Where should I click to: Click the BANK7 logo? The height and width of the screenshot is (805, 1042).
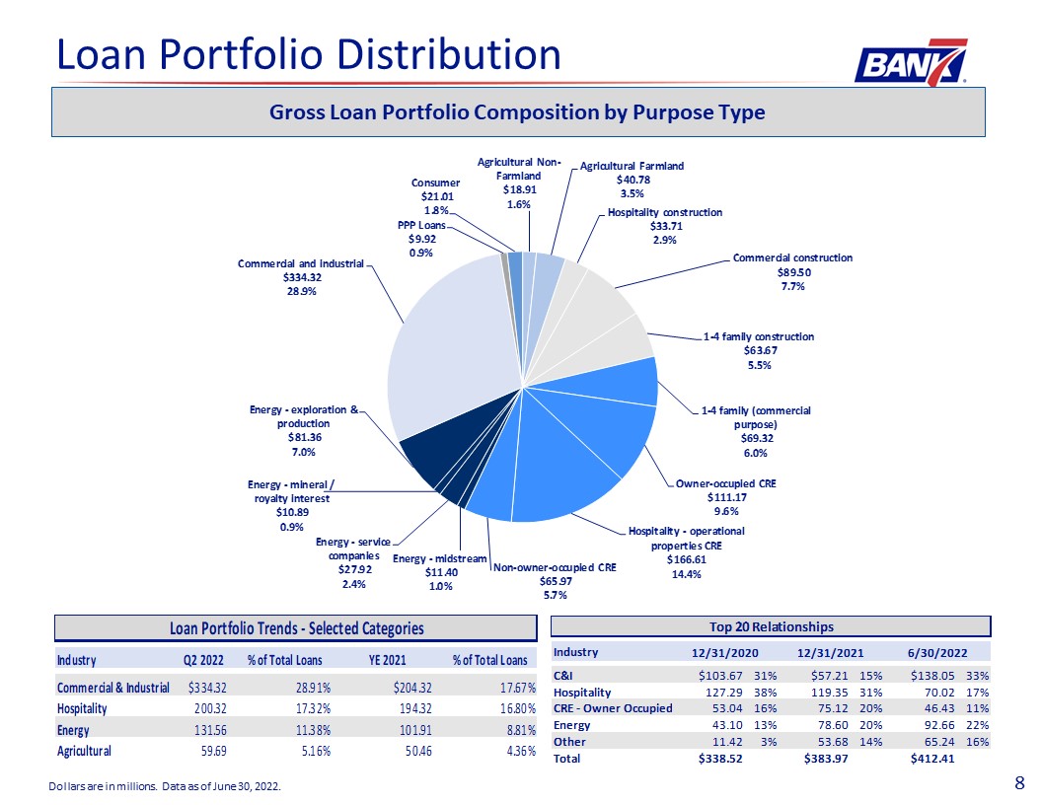coord(911,63)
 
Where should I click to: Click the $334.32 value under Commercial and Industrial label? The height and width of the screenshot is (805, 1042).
coord(300,277)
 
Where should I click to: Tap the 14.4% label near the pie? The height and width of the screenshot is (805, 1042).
coord(687,574)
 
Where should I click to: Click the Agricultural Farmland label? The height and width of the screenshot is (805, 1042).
coord(632,166)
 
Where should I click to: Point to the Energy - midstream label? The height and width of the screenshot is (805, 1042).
coord(439,558)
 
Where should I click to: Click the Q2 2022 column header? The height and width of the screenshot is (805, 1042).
coord(203,660)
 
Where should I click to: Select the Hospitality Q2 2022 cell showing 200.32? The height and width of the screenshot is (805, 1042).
coord(208,708)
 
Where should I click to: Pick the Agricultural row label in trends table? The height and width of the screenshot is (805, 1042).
coord(85,751)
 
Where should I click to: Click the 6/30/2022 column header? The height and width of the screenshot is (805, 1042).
coord(937,653)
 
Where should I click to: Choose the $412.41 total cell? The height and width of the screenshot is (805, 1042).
coord(932,759)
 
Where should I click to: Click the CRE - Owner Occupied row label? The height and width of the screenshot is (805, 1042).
coord(613,708)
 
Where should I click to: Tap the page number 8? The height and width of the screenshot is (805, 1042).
coord(1019,783)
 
